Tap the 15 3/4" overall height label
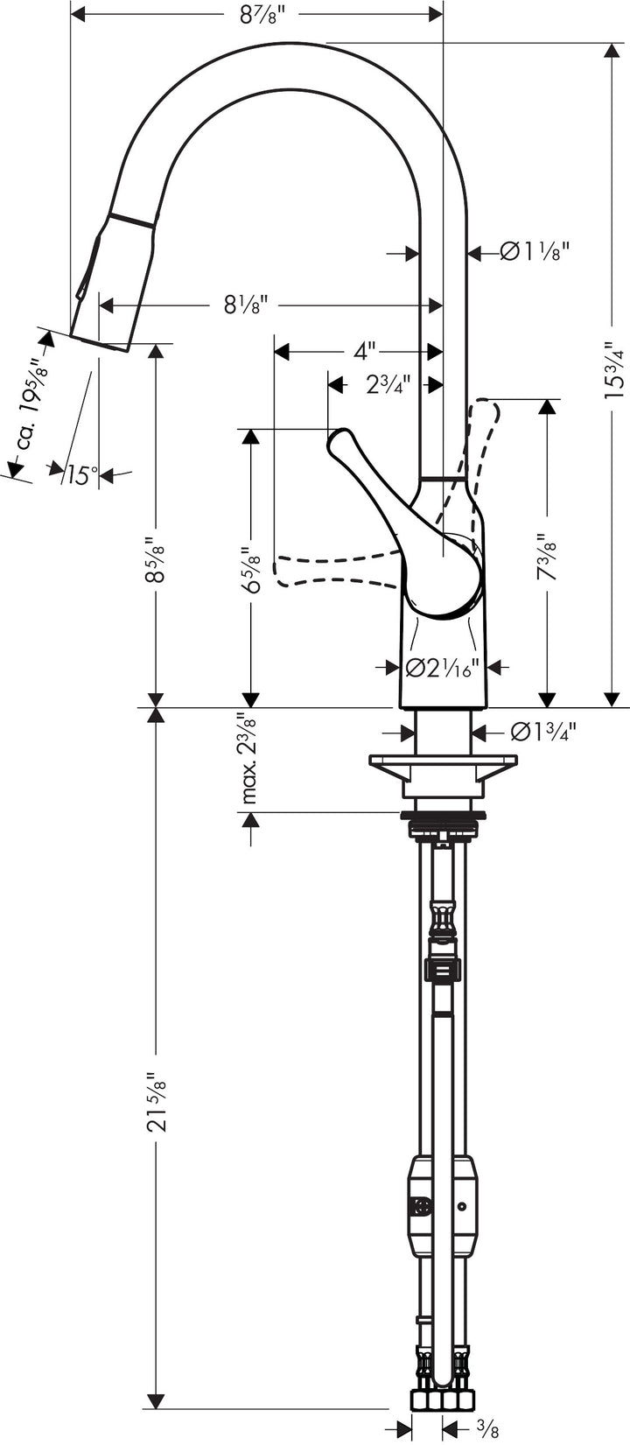[x=612, y=368]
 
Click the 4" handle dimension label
[x=364, y=351]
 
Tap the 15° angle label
[x=80, y=475]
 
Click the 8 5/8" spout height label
[x=155, y=560]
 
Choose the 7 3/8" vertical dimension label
[x=548, y=558]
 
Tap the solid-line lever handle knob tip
[x=339, y=442]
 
